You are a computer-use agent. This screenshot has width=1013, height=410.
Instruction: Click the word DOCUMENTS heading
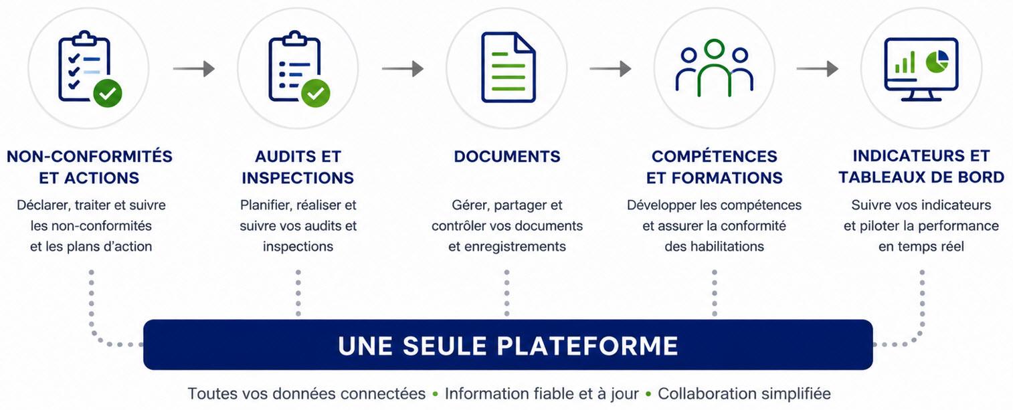click(507, 157)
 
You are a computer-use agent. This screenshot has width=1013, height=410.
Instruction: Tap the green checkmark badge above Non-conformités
click(108, 93)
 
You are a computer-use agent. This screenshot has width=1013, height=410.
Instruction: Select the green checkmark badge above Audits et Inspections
click(316, 93)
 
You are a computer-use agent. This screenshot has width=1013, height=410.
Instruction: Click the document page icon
click(509, 67)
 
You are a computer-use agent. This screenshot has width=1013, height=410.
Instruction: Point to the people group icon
click(714, 68)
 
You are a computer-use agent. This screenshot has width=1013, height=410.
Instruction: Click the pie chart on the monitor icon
click(937, 62)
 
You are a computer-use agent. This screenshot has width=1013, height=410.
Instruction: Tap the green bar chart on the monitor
click(905, 62)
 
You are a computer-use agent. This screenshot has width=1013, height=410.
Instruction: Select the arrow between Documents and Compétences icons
click(610, 69)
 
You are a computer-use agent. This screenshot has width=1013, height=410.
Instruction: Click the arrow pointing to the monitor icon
click(818, 69)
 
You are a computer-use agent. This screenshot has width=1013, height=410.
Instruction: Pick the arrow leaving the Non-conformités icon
click(194, 69)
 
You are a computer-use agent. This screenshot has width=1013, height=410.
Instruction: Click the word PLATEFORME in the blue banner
click(587, 346)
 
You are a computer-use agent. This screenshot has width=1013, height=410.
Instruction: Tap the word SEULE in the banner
click(443, 346)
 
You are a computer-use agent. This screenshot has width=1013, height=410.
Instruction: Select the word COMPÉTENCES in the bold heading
click(715, 157)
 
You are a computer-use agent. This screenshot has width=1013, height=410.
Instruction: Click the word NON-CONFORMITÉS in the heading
click(90, 157)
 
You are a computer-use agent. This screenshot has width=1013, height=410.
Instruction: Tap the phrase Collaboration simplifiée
click(744, 394)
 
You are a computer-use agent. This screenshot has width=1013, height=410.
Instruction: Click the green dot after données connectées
click(435, 394)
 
